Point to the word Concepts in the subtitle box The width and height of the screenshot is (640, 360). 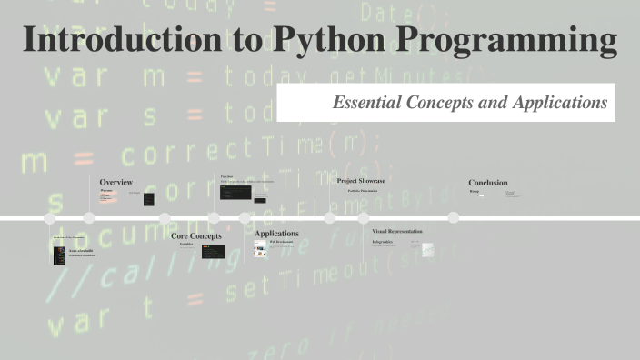pos(443,103)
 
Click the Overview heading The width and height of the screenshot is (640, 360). pos(115,182)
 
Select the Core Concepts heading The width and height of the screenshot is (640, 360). pos(196,236)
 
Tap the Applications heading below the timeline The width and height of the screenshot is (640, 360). pos(276,234)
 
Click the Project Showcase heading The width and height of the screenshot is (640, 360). pos(361,181)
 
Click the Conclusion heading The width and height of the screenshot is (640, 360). pos(488,182)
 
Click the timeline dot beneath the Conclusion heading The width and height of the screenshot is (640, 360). pos(452,218)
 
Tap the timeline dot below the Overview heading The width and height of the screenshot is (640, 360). pos(89,218)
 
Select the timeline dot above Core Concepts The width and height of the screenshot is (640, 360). pos(165,218)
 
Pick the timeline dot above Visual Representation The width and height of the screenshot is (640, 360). pos(364,218)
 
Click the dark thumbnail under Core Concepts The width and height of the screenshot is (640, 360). pos(214,251)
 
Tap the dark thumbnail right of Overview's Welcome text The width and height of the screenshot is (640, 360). pos(148,199)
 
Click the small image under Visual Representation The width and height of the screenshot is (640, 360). pos(427,249)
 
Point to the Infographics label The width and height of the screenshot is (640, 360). pos(382,242)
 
